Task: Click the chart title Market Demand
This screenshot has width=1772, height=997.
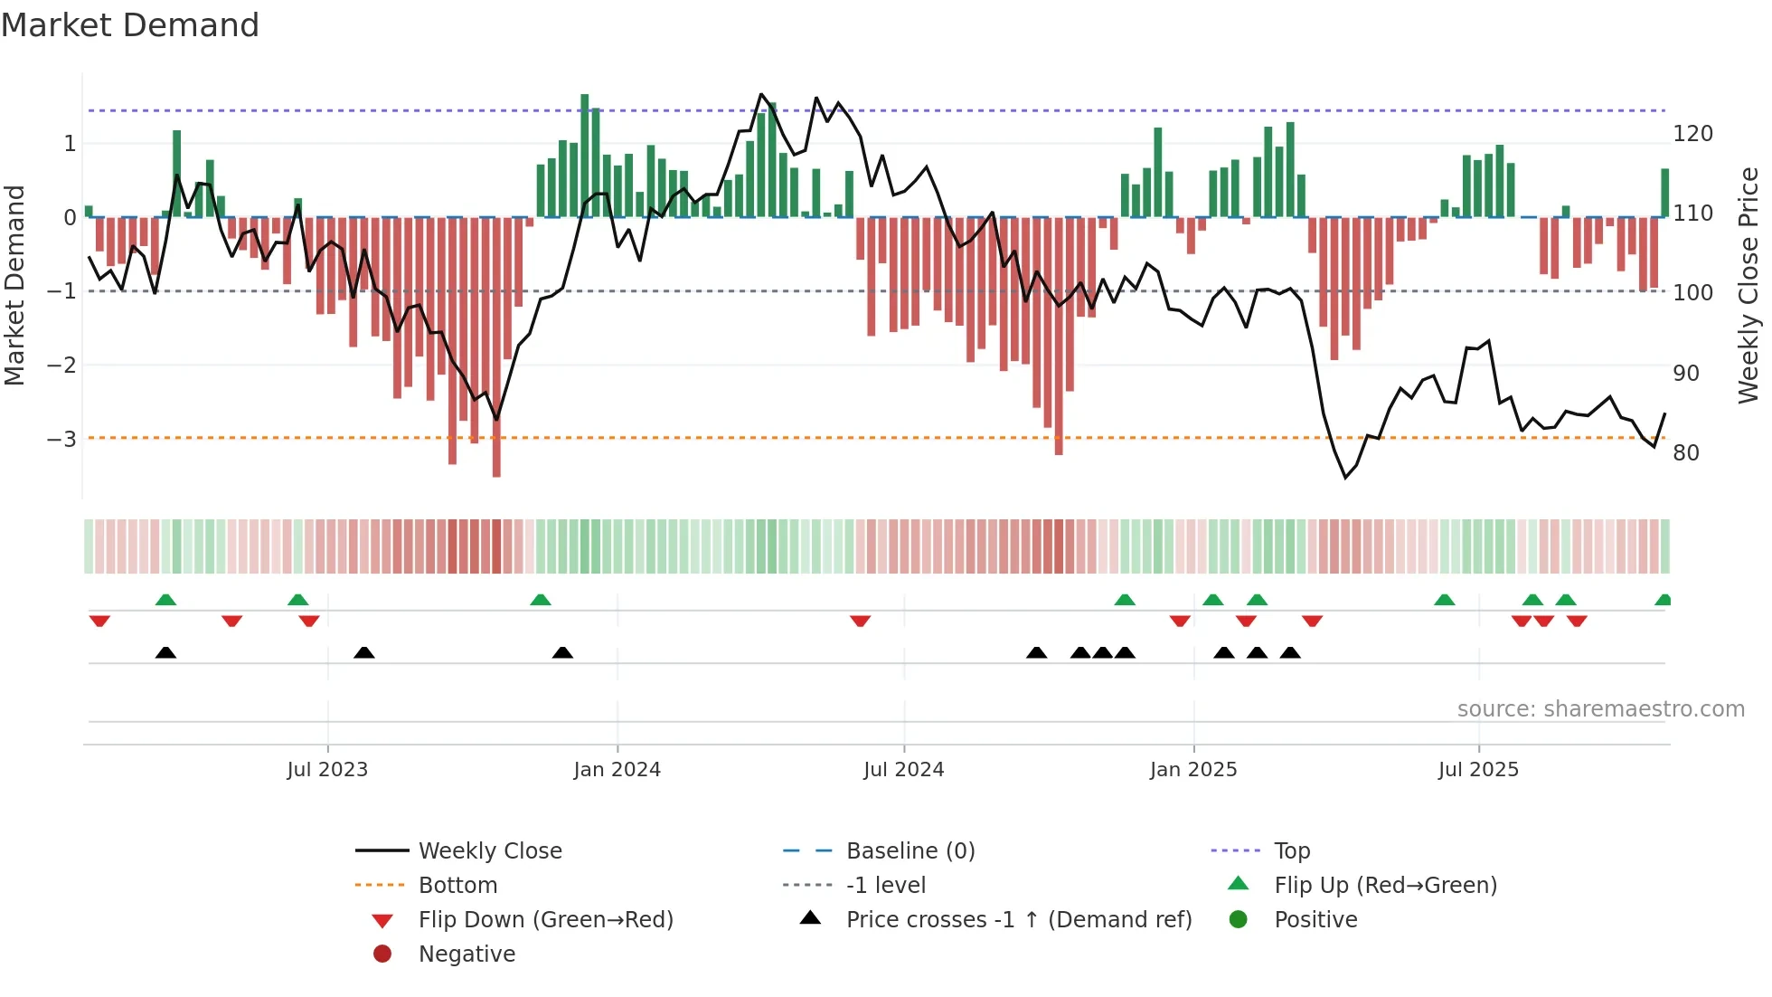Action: click(130, 25)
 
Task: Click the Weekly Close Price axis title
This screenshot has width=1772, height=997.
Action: click(1748, 285)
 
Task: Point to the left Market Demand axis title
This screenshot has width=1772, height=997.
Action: click(14, 285)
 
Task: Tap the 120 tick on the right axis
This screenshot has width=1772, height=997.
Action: click(1692, 134)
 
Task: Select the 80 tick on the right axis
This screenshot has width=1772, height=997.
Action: click(1685, 453)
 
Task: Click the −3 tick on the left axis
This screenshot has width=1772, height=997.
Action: click(62, 439)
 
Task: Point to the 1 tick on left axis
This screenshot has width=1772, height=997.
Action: click(70, 144)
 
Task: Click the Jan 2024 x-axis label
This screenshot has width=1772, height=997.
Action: click(617, 770)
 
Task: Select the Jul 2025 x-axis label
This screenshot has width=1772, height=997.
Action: click(1478, 770)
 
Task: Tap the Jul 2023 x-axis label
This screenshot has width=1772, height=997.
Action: click(327, 770)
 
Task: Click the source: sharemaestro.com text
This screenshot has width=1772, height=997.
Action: click(1600, 709)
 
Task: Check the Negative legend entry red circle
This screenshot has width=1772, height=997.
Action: click(382, 954)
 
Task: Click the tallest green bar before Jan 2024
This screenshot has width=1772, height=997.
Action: click(585, 154)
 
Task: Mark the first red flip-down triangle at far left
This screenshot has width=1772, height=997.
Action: click(99, 621)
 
